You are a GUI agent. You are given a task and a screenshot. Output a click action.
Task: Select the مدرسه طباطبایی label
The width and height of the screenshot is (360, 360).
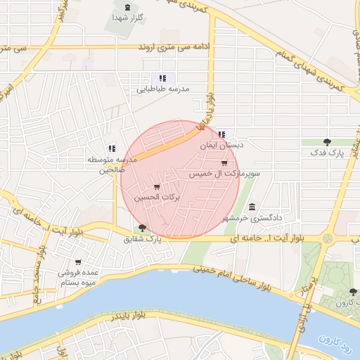pos(162,89)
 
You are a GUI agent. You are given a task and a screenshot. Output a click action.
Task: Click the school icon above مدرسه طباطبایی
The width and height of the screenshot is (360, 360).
pos(162,78)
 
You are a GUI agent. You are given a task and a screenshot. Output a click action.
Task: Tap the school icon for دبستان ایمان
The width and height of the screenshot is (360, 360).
pos(221,134)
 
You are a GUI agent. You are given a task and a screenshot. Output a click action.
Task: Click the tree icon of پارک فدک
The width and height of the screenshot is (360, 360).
pos(327,141)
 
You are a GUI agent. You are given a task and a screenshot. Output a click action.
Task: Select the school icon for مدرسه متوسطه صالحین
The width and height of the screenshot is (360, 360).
pos(111,148)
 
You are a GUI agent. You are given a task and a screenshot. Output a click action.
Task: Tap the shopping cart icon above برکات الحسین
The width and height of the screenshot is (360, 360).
pos(156,187)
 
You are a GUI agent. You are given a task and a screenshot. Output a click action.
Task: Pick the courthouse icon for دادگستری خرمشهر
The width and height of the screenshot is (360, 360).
pos(252,207)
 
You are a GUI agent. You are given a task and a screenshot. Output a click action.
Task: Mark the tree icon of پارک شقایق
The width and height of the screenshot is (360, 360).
pos(143,228)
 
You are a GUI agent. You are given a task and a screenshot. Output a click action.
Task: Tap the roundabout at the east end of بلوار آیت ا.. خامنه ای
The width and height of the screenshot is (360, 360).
pos(328,239)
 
